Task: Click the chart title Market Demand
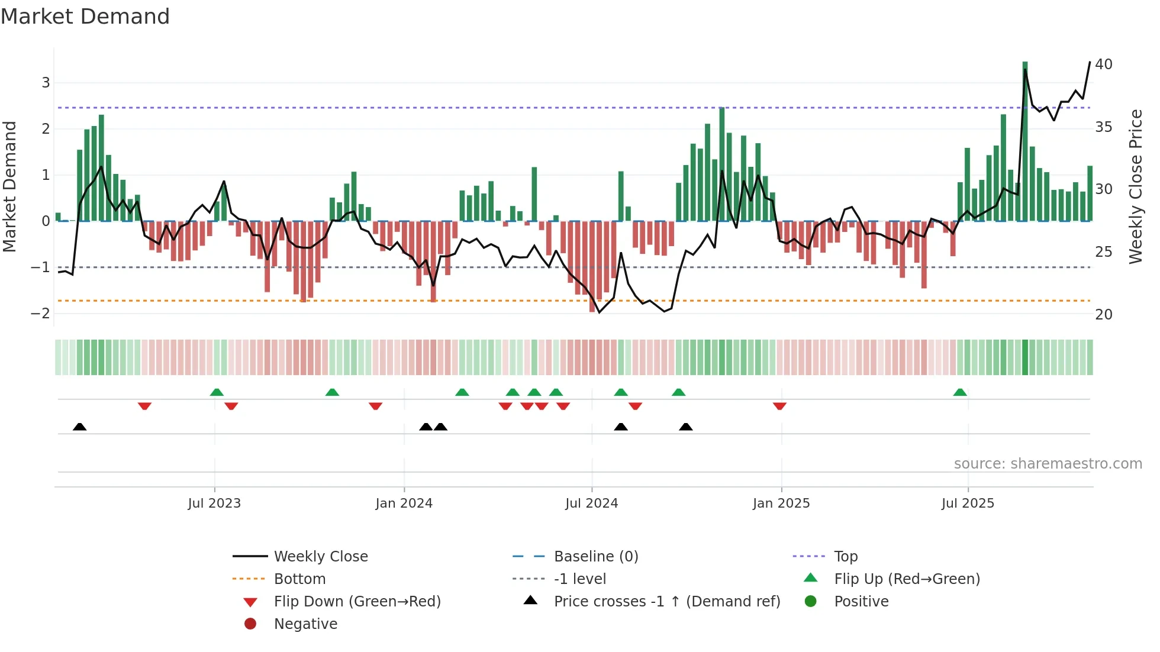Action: tap(85, 17)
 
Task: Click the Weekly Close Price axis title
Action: tap(1135, 186)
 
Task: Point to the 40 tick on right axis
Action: tap(1103, 64)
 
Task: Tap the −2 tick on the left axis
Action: tap(40, 314)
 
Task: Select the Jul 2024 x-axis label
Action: tap(591, 503)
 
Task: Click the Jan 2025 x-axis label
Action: tap(781, 503)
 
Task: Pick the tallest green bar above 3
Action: tap(1025, 141)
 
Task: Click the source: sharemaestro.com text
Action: tap(1048, 464)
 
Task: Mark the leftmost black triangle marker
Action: tap(80, 427)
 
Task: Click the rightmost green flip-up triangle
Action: tap(960, 392)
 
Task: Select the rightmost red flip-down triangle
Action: tap(779, 406)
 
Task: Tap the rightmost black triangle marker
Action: tap(686, 427)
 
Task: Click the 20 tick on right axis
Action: tap(1103, 315)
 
